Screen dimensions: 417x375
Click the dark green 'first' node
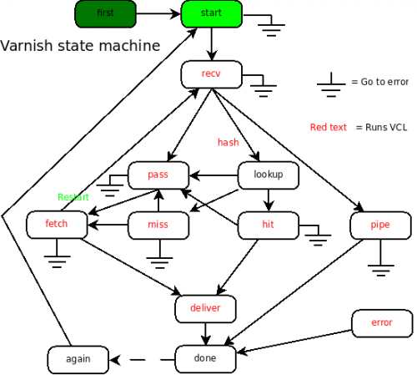[x=105, y=14]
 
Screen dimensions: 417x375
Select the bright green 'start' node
[x=212, y=14]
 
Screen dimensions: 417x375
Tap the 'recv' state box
[x=212, y=74]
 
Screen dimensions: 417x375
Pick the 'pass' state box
[x=158, y=175]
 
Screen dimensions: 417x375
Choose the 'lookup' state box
[x=269, y=175]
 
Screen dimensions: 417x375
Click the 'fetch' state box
[x=57, y=225]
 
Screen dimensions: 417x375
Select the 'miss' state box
[x=158, y=226]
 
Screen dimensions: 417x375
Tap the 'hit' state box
[x=269, y=226]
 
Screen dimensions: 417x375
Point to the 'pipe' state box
[x=380, y=226]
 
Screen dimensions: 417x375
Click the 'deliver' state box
[x=205, y=309]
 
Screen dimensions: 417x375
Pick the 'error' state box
[x=382, y=323]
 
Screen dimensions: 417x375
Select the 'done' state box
[x=205, y=359]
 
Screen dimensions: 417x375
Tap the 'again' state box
[x=78, y=360]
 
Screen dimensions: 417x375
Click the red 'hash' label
[x=229, y=142]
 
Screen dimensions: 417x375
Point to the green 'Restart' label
[x=73, y=197]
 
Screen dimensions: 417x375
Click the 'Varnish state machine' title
[x=80, y=45]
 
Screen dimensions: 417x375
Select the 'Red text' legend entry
[x=329, y=127]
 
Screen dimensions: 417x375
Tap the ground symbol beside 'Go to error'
[x=331, y=84]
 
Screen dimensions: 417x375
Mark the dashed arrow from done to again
[x=143, y=360]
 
